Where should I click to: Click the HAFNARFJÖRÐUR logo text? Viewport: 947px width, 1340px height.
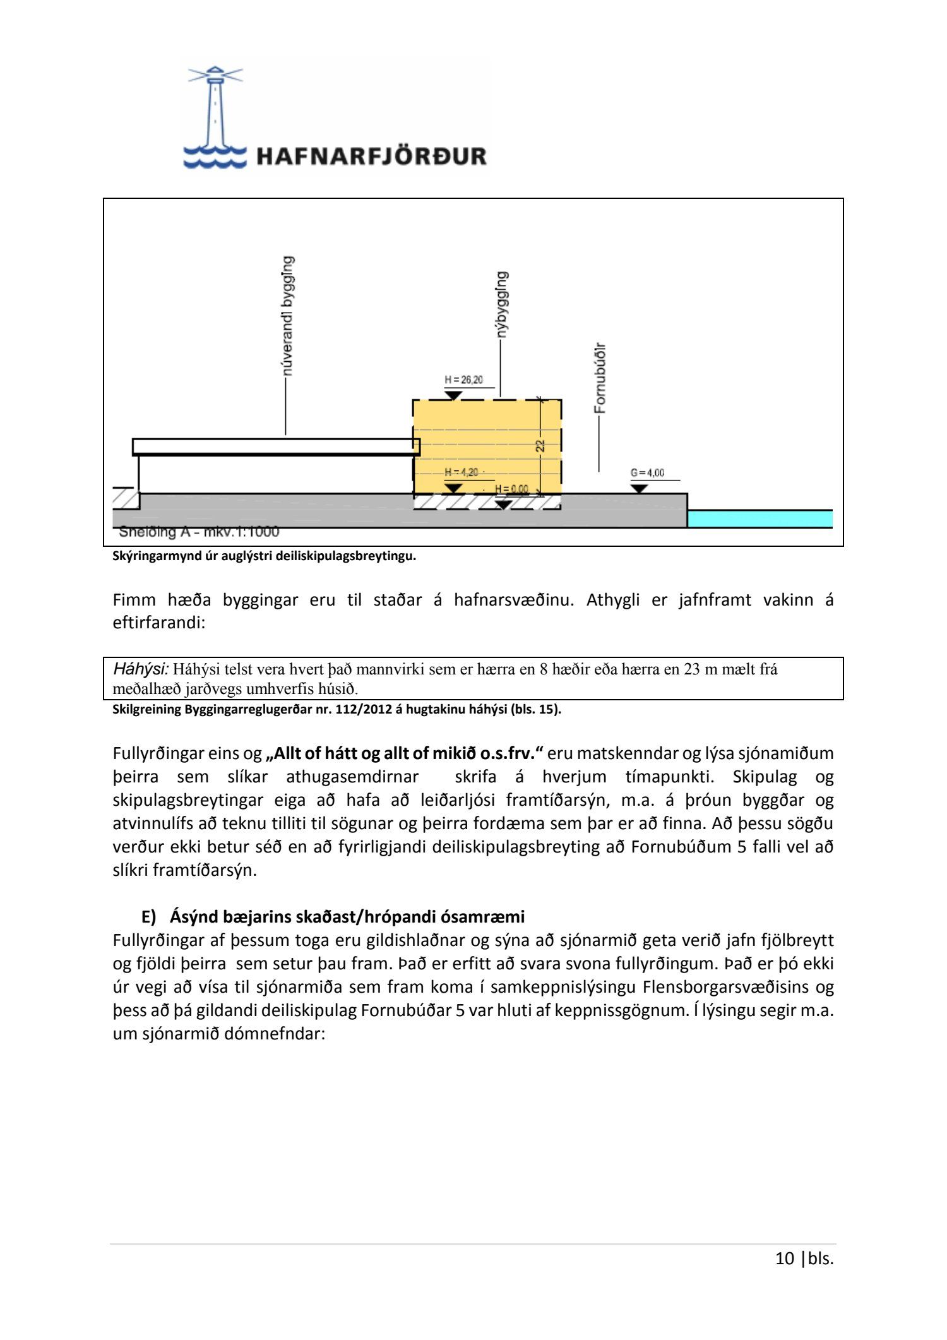point(371,156)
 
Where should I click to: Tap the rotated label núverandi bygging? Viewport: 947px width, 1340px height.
point(287,316)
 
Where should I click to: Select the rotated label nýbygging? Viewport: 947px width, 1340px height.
point(502,304)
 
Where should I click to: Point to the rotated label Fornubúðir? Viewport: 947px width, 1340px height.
point(600,378)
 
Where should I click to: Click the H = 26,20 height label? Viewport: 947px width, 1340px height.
point(463,380)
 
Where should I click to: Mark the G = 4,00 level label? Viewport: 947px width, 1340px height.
point(647,472)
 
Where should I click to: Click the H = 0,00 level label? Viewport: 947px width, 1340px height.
point(511,489)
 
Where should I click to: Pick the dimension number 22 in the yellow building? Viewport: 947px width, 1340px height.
point(540,445)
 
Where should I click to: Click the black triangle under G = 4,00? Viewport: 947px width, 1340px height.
point(640,489)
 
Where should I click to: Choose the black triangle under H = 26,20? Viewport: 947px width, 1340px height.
point(453,395)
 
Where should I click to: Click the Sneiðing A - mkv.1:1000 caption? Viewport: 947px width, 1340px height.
point(199,532)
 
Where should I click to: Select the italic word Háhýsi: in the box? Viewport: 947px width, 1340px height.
point(141,669)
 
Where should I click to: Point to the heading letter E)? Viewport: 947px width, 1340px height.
point(148,916)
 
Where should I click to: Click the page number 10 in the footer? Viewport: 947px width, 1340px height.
point(784,1258)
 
